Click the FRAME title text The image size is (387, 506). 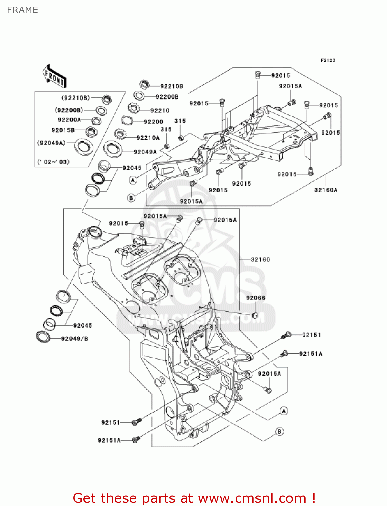point(22,10)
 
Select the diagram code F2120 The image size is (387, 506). point(328,60)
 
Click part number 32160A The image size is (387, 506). point(326,190)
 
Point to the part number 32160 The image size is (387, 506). point(260,259)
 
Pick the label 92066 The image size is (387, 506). point(255,298)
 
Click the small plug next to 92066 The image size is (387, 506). point(255,315)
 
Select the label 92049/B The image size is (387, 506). point(75,338)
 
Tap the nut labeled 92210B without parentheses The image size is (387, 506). point(144,84)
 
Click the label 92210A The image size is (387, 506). point(148,138)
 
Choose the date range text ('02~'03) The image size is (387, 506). point(53,162)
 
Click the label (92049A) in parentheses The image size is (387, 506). point(51,143)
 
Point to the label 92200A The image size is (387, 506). point(69,120)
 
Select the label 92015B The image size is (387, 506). point(63,130)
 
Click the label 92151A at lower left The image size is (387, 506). point(109,440)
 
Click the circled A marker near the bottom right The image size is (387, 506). point(284,411)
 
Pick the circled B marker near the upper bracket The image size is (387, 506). point(131,198)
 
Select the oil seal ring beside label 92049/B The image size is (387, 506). point(43,337)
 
